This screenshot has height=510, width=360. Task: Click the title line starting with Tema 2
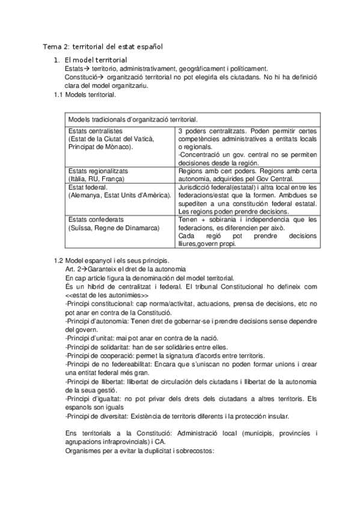(x=103, y=46)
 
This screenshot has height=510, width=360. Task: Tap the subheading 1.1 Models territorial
(x=85, y=94)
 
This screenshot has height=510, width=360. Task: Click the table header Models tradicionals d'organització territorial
(x=133, y=120)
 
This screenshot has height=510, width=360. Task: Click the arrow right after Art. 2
(x=84, y=268)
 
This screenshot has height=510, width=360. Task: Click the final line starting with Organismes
(x=138, y=451)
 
